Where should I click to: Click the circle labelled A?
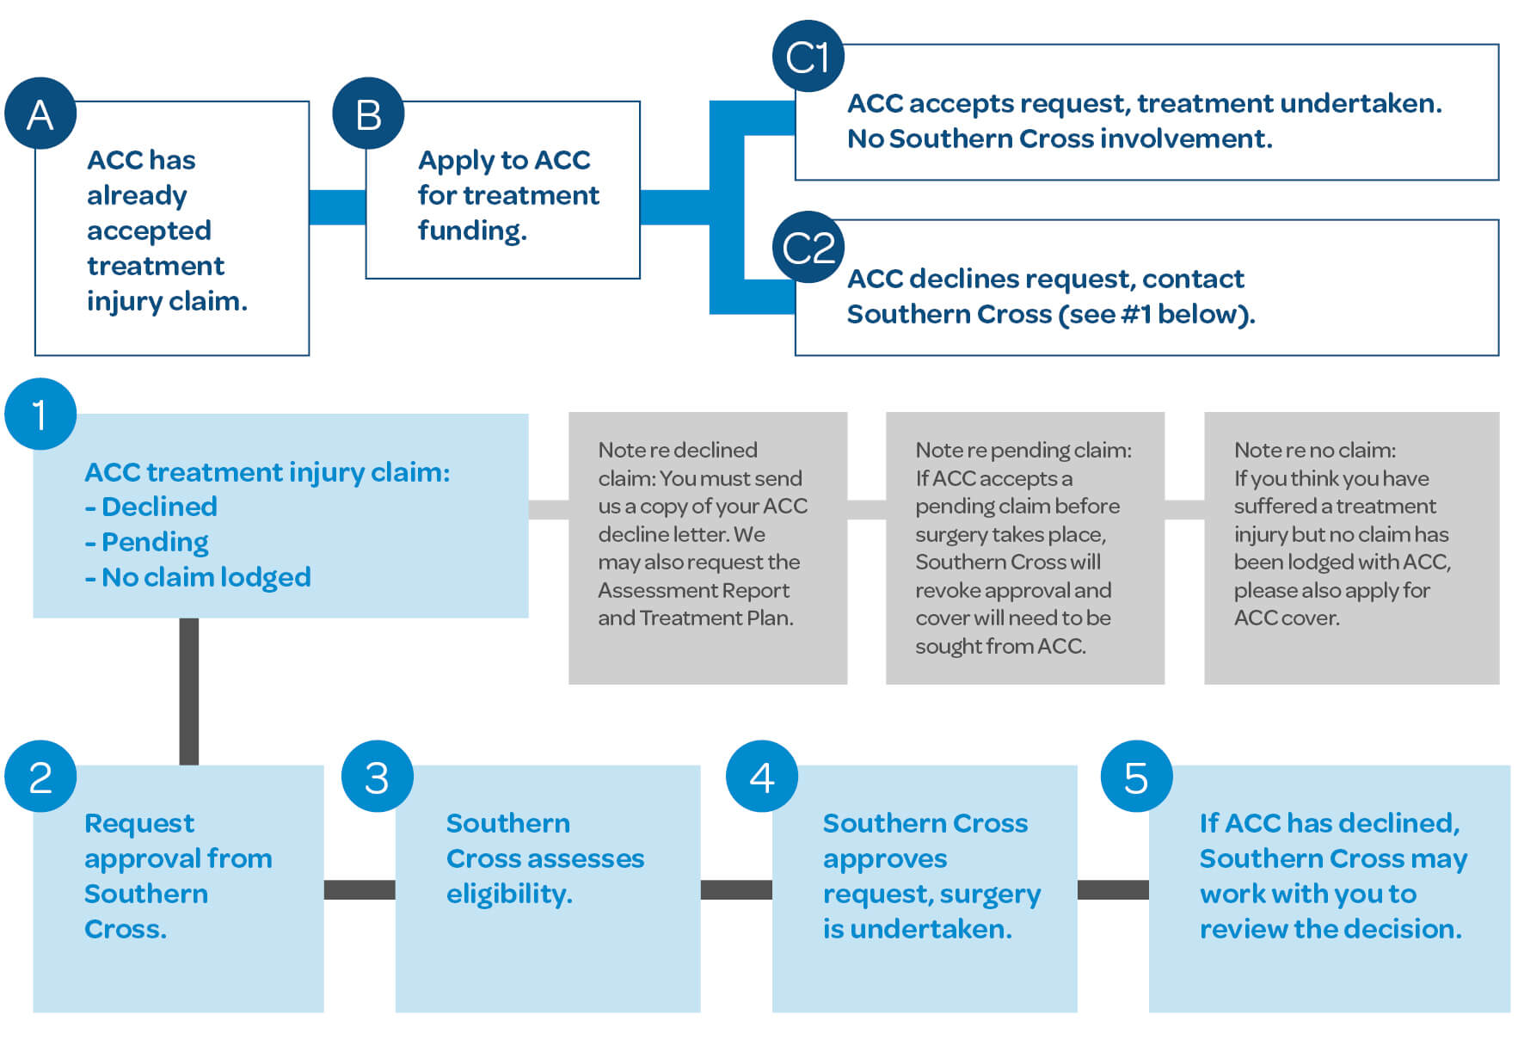[x=40, y=114]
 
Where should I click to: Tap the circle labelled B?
[x=368, y=114]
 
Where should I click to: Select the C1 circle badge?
[x=808, y=57]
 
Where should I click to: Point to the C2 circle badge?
[x=808, y=248]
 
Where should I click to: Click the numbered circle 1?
[x=40, y=414]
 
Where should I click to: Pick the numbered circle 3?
[x=377, y=777]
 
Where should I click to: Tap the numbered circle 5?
[x=1136, y=777]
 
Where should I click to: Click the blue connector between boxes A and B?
[x=337, y=207]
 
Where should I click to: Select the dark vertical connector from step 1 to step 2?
[x=189, y=691]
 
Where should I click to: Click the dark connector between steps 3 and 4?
[x=736, y=889]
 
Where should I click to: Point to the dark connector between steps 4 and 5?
[x=1113, y=889]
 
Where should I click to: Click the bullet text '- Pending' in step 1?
[x=147, y=542]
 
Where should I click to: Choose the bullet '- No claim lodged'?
[x=198, y=577]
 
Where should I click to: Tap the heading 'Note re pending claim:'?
[x=1023, y=450]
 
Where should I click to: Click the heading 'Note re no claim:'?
[x=1314, y=450]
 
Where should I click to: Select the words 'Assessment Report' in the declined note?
[x=693, y=590]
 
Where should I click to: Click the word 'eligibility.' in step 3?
[x=509, y=895]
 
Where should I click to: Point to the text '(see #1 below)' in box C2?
[x=1156, y=314]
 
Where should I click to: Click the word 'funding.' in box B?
[x=472, y=231]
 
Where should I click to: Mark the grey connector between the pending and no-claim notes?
[x=1184, y=509]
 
